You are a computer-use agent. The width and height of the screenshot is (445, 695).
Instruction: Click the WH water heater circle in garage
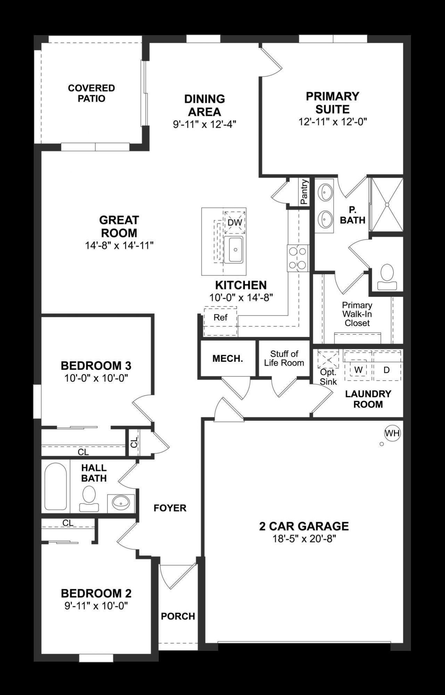(392, 433)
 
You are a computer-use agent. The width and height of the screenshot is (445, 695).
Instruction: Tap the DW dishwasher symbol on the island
(235, 222)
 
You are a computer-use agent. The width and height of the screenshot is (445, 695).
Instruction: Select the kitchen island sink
(233, 249)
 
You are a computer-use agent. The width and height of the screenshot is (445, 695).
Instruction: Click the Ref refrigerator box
(220, 318)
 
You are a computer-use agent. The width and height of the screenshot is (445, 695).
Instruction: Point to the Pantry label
(304, 192)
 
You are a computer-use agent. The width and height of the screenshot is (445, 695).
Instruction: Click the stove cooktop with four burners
(298, 258)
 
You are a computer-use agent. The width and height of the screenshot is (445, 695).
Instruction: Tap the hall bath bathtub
(56, 486)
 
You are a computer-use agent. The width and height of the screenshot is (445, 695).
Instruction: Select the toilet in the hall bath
(89, 498)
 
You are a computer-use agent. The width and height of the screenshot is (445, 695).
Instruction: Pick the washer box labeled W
(358, 370)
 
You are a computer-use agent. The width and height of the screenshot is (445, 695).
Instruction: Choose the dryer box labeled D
(387, 370)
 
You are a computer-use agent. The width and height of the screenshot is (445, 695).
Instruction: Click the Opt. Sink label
(328, 377)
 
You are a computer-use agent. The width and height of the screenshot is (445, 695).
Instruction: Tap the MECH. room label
(228, 359)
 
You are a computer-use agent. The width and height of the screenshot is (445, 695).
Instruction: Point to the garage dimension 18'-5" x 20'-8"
(304, 539)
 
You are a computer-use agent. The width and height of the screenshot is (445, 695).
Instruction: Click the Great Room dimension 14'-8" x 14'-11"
(119, 246)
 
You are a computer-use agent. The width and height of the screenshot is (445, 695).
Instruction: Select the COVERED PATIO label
(91, 93)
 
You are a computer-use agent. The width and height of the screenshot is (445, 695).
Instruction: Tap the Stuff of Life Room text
(284, 358)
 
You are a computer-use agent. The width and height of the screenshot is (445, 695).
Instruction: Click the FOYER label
(170, 508)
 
